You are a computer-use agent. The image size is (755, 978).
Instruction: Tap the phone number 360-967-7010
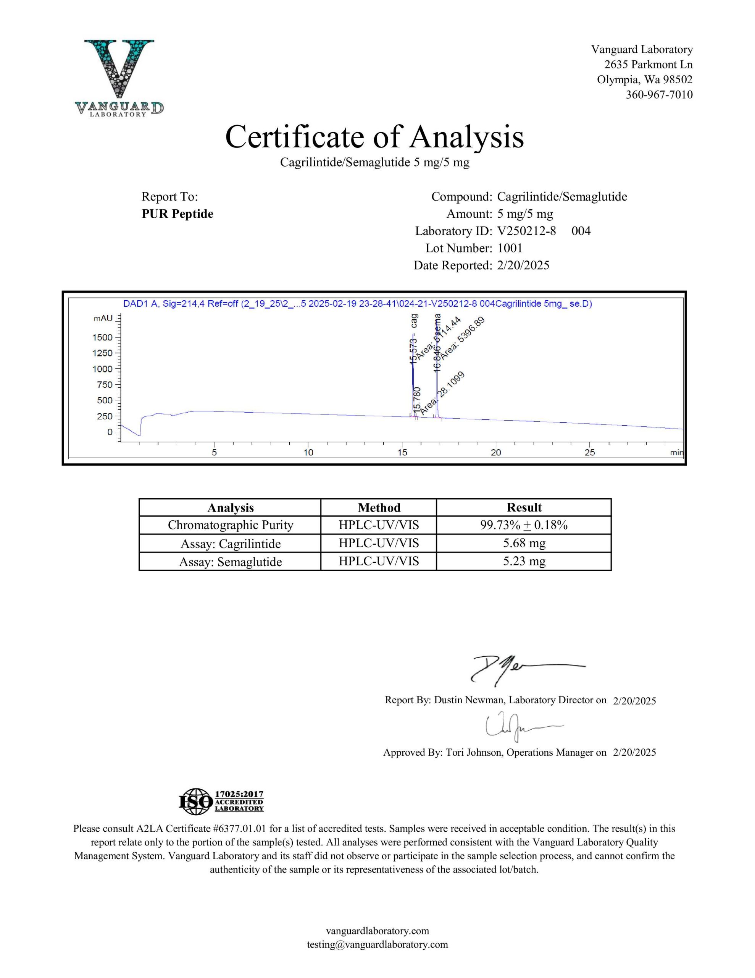pos(659,94)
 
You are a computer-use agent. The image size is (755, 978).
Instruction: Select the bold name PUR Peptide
pos(177,214)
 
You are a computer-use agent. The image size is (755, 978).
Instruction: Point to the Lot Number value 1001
pos(510,248)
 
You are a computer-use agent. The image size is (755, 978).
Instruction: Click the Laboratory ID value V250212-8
pos(526,231)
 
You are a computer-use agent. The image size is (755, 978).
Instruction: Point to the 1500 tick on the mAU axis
pos(103,337)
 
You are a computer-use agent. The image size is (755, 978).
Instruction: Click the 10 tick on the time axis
pos(308,452)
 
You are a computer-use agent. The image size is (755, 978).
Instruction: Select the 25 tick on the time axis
pos(589,452)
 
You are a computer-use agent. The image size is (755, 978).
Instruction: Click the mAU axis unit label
pos(103,318)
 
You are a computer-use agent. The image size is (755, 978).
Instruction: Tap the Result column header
pos(524,507)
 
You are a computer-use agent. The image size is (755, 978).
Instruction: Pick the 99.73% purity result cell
pos(524,525)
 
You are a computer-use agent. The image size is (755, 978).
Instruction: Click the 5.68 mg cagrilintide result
pos(524,543)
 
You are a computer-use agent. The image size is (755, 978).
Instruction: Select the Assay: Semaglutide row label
pos(230,562)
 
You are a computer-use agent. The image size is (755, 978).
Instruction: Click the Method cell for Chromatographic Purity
pos(379,525)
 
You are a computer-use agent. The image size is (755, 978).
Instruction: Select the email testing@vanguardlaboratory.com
pos(377,944)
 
